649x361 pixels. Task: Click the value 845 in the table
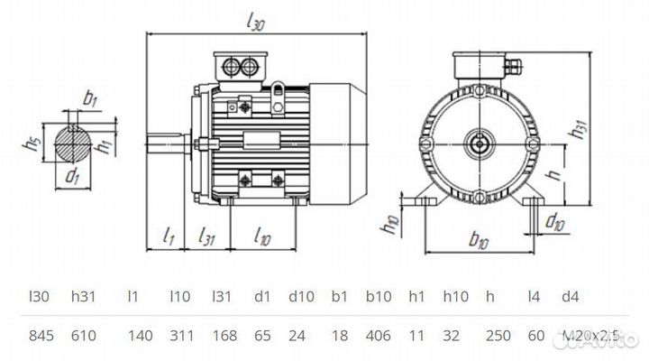pyautogui.click(x=42, y=336)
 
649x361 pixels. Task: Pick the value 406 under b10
pyautogui.click(x=379, y=336)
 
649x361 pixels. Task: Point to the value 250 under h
pyautogui.click(x=498, y=336)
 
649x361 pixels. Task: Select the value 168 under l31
pyautogui.click(x=224, y=336)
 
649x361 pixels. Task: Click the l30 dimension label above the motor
pyautogui.click(x=255, y=23)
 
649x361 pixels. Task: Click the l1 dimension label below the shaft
pyautogui.click(x=168, y=237)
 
